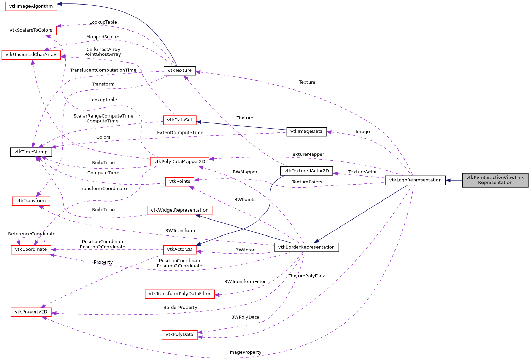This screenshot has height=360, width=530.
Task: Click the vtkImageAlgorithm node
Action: (31, 6)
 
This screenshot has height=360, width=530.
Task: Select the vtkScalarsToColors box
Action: (31, 30)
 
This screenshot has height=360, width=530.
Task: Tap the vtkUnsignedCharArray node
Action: (31, 55)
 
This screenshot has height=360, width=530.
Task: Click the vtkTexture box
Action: (180, 70)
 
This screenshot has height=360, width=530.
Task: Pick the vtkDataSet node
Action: (180, 120)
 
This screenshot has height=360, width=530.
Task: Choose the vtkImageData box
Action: (306, 131)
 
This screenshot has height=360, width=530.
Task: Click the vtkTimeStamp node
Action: (31, 152)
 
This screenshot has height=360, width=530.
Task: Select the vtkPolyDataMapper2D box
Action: (180, 162)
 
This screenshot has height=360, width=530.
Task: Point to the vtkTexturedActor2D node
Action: (306, 171)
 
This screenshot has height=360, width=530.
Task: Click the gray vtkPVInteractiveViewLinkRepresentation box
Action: (495, 180)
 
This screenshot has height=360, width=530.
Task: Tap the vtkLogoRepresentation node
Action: (415, 180)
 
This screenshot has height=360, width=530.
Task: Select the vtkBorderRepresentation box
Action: (306, 247)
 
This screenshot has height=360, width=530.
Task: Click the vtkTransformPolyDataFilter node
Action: (180, 294)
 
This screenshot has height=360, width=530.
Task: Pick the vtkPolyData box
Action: (180, 335)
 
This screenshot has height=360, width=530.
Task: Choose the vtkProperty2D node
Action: (31, 312)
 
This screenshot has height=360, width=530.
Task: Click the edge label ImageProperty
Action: (245, 352)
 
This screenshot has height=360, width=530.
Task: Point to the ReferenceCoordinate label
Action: (32, 234)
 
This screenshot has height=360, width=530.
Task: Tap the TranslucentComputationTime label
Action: (103, 70)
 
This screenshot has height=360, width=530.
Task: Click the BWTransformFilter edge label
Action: (245, 282)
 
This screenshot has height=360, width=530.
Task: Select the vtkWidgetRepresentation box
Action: (180, 210)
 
